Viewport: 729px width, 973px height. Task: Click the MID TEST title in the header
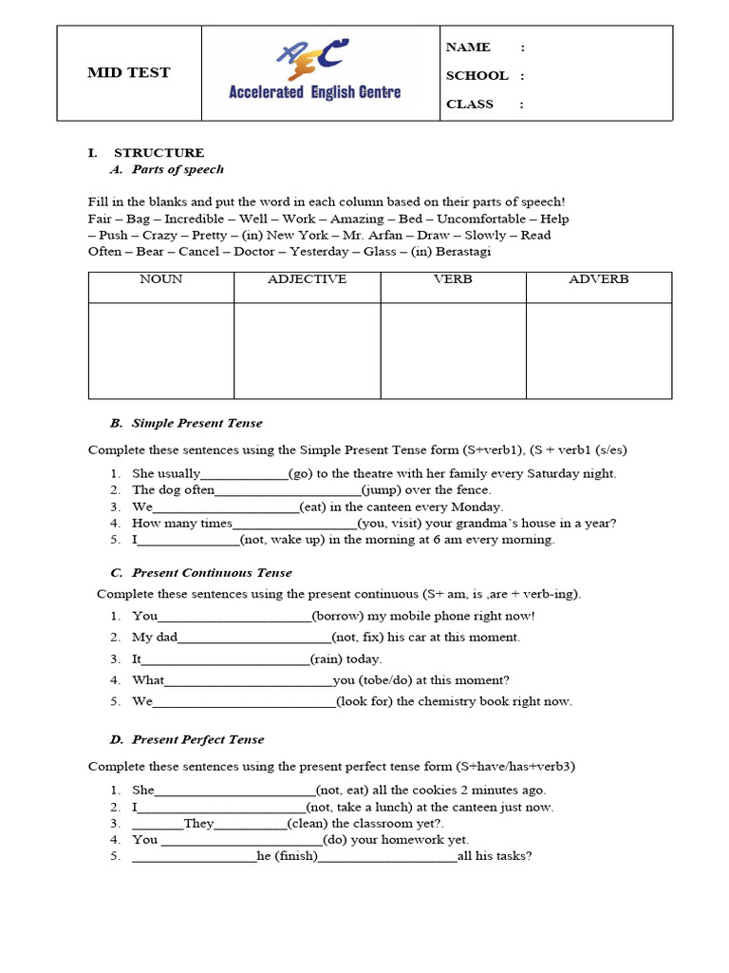point(128,73)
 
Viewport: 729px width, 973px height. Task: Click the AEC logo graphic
point(313,59)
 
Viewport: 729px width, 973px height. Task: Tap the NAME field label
point(468,48)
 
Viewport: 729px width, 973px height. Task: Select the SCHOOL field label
point(477,76)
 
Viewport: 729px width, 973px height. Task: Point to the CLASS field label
point(470,105)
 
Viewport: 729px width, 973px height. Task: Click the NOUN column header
point(161,279)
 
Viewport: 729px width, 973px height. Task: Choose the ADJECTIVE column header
point(308,279)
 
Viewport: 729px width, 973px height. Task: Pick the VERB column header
point(453,279)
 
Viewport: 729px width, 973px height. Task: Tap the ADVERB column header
point(599,279)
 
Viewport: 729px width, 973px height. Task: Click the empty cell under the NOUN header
point(161,351)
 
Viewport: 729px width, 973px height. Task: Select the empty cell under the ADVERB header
point(599,351)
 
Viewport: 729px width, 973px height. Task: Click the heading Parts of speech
point(178,170)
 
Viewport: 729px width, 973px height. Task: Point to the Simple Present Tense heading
point(196,424)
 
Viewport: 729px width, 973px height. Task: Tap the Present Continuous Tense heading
point(212,573)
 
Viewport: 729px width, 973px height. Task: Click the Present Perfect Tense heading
point(197,739)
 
